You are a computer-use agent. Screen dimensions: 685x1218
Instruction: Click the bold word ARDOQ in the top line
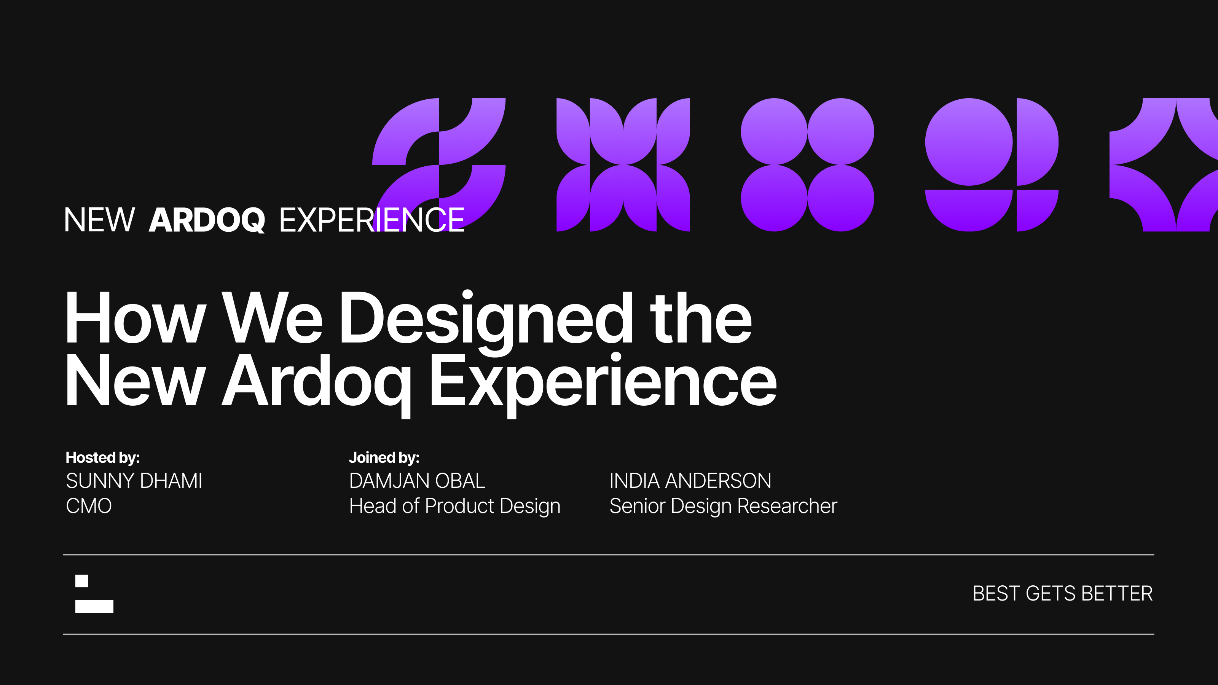pyautogui.click(x=207, y=220)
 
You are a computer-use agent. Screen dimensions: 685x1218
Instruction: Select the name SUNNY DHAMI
pyautogui.click(x=134, y=481)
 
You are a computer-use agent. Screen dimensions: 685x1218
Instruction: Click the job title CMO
pyautogui.click(x=88, y=506)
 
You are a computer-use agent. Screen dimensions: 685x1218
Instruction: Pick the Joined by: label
pyautogui.click(x=384, y=457)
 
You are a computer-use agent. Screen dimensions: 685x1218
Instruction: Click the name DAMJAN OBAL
pyautogui.click(x=417, y=481)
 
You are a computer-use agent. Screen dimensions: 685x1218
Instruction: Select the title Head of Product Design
pyautogui.click(x=454, y=506)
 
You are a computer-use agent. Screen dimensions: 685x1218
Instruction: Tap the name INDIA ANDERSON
pyautogui.click(x=690, y=481)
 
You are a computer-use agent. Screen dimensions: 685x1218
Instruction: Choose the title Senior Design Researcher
pyautogui.click(x=723, y=506)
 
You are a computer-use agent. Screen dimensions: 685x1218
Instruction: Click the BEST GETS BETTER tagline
pyautogui.click(x=1062, y=593)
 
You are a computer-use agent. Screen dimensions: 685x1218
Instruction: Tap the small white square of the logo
pyautogui.click(x=81, y=581)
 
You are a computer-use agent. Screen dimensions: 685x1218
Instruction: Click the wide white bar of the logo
pyautogui.click(x=94, y=606)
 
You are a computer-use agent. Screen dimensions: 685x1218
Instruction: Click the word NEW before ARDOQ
pyautogui.click(x=99, y=220)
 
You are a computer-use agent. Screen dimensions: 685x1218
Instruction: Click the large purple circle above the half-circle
pyautogui.click(x=968, y=142)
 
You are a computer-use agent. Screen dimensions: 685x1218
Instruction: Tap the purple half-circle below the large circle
pyautogui.click(x=968, y=208)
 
